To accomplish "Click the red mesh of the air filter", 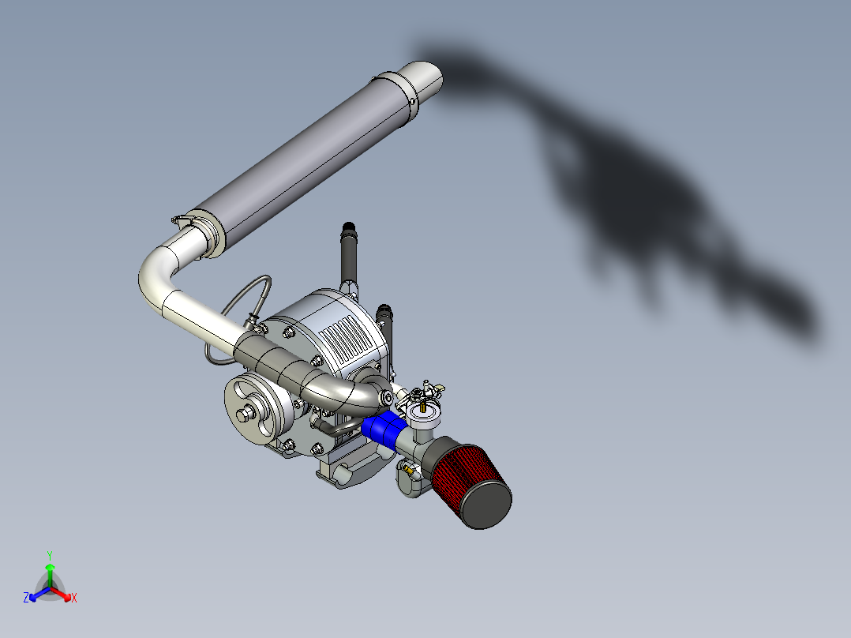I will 462,472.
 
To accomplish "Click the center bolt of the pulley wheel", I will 246,411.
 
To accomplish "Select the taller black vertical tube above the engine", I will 349,253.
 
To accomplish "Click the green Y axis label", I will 49,554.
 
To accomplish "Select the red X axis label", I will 74,599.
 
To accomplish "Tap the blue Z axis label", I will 26,599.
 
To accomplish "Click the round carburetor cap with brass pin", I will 425,413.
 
